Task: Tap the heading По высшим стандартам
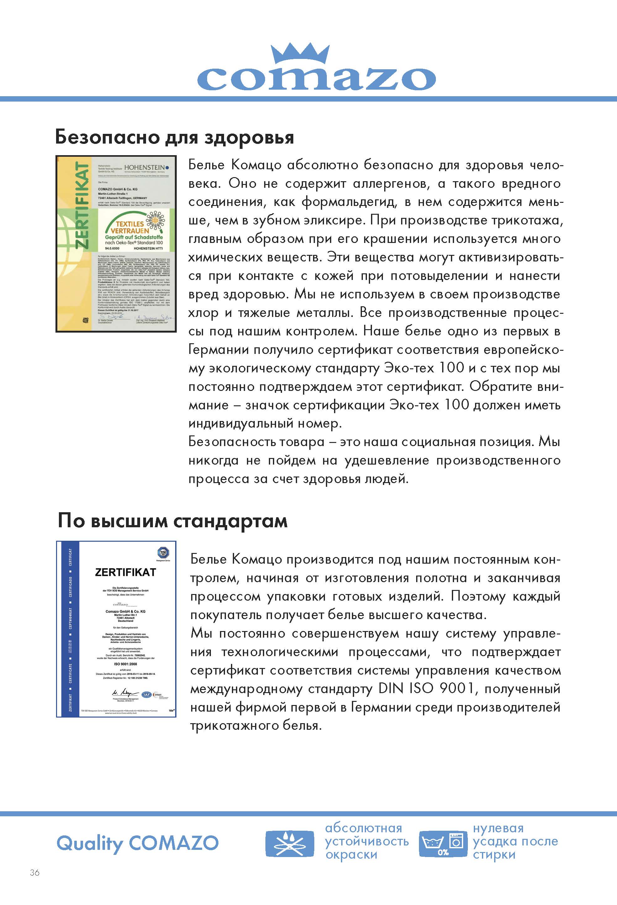point(172,521)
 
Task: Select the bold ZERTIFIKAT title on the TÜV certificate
point(125,572)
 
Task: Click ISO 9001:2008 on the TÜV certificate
point(125,664)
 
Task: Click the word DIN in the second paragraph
point(390,688)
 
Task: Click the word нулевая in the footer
point(498,828)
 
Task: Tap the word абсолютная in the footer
point(363,828)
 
